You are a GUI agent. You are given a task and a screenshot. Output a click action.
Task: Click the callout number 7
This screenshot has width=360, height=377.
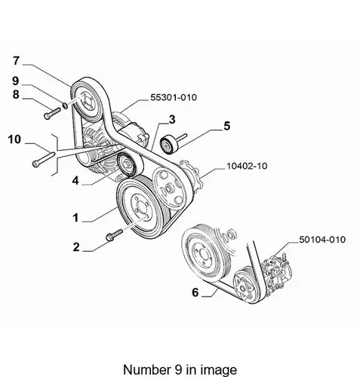[16, 61]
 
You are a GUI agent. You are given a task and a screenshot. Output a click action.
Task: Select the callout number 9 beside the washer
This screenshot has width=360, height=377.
[16, 81]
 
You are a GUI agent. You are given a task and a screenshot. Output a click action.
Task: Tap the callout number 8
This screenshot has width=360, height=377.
[16, 94]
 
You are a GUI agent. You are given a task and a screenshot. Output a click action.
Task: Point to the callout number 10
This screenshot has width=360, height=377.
[14, 139]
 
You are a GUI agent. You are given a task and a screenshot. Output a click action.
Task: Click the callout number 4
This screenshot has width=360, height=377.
[75, 180]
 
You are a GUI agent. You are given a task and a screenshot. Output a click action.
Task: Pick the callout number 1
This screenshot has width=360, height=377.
[75, 218]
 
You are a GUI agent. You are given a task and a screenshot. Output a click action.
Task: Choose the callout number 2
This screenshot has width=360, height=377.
[76, 247]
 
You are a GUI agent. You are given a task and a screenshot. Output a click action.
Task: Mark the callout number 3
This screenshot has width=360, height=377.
[172, 120]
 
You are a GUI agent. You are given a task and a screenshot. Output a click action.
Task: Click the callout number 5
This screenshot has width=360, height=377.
[227, 126]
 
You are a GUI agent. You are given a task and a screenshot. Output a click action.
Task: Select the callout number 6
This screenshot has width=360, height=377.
[195, 293]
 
